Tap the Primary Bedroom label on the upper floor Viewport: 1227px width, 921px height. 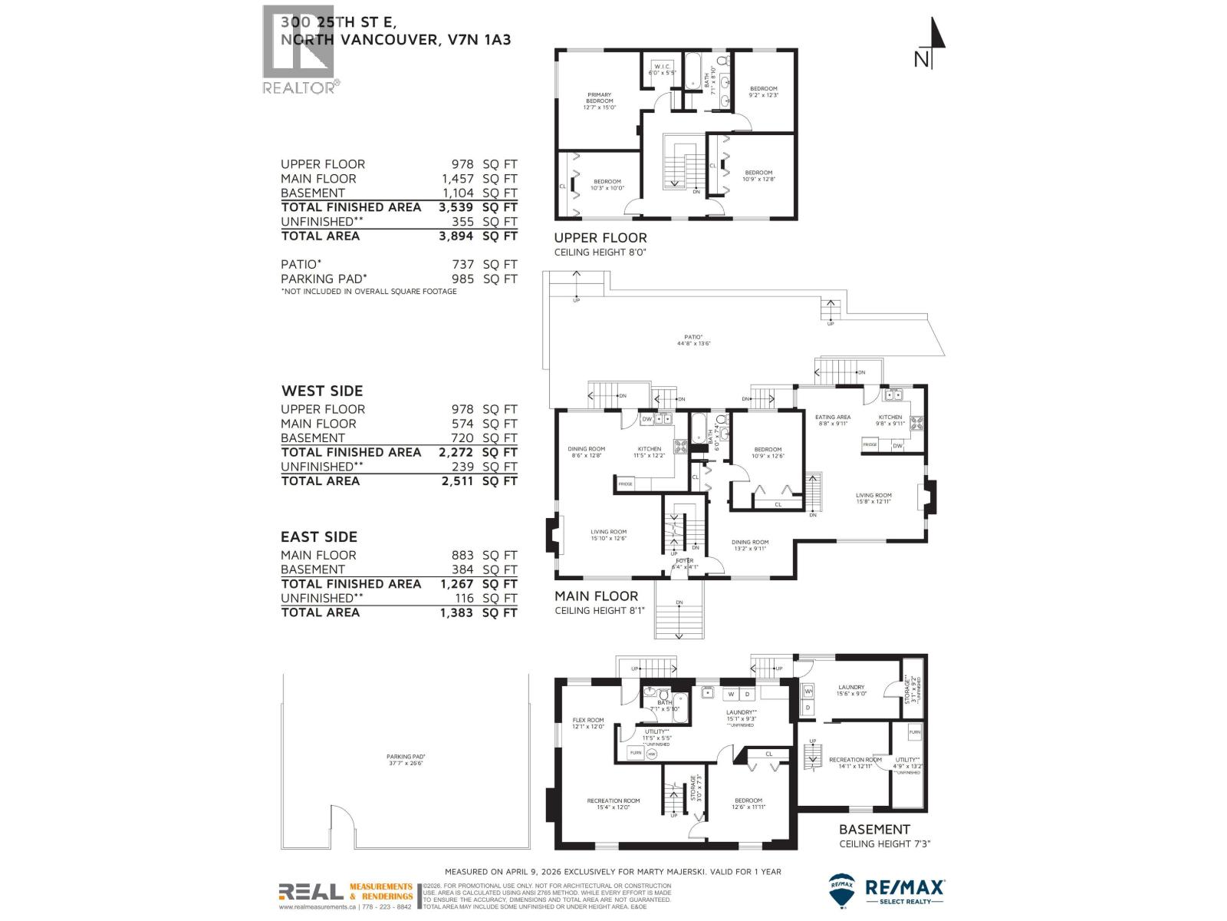click(599, 97)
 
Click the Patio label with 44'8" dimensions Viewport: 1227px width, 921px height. click(693, 340)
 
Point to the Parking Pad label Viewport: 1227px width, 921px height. click(405, 760)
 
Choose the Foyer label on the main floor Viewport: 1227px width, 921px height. click(684, 563)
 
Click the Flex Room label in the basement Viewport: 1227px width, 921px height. click(588, 723)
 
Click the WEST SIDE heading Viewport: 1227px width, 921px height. click(321, 391)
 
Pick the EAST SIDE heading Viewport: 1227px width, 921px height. click(318, 537)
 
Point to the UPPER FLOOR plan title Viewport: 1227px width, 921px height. click(600, 238)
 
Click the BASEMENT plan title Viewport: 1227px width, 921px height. click(874, 829)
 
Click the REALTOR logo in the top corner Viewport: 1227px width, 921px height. click(300, 49)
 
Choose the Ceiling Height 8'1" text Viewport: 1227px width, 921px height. click(600, 611)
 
